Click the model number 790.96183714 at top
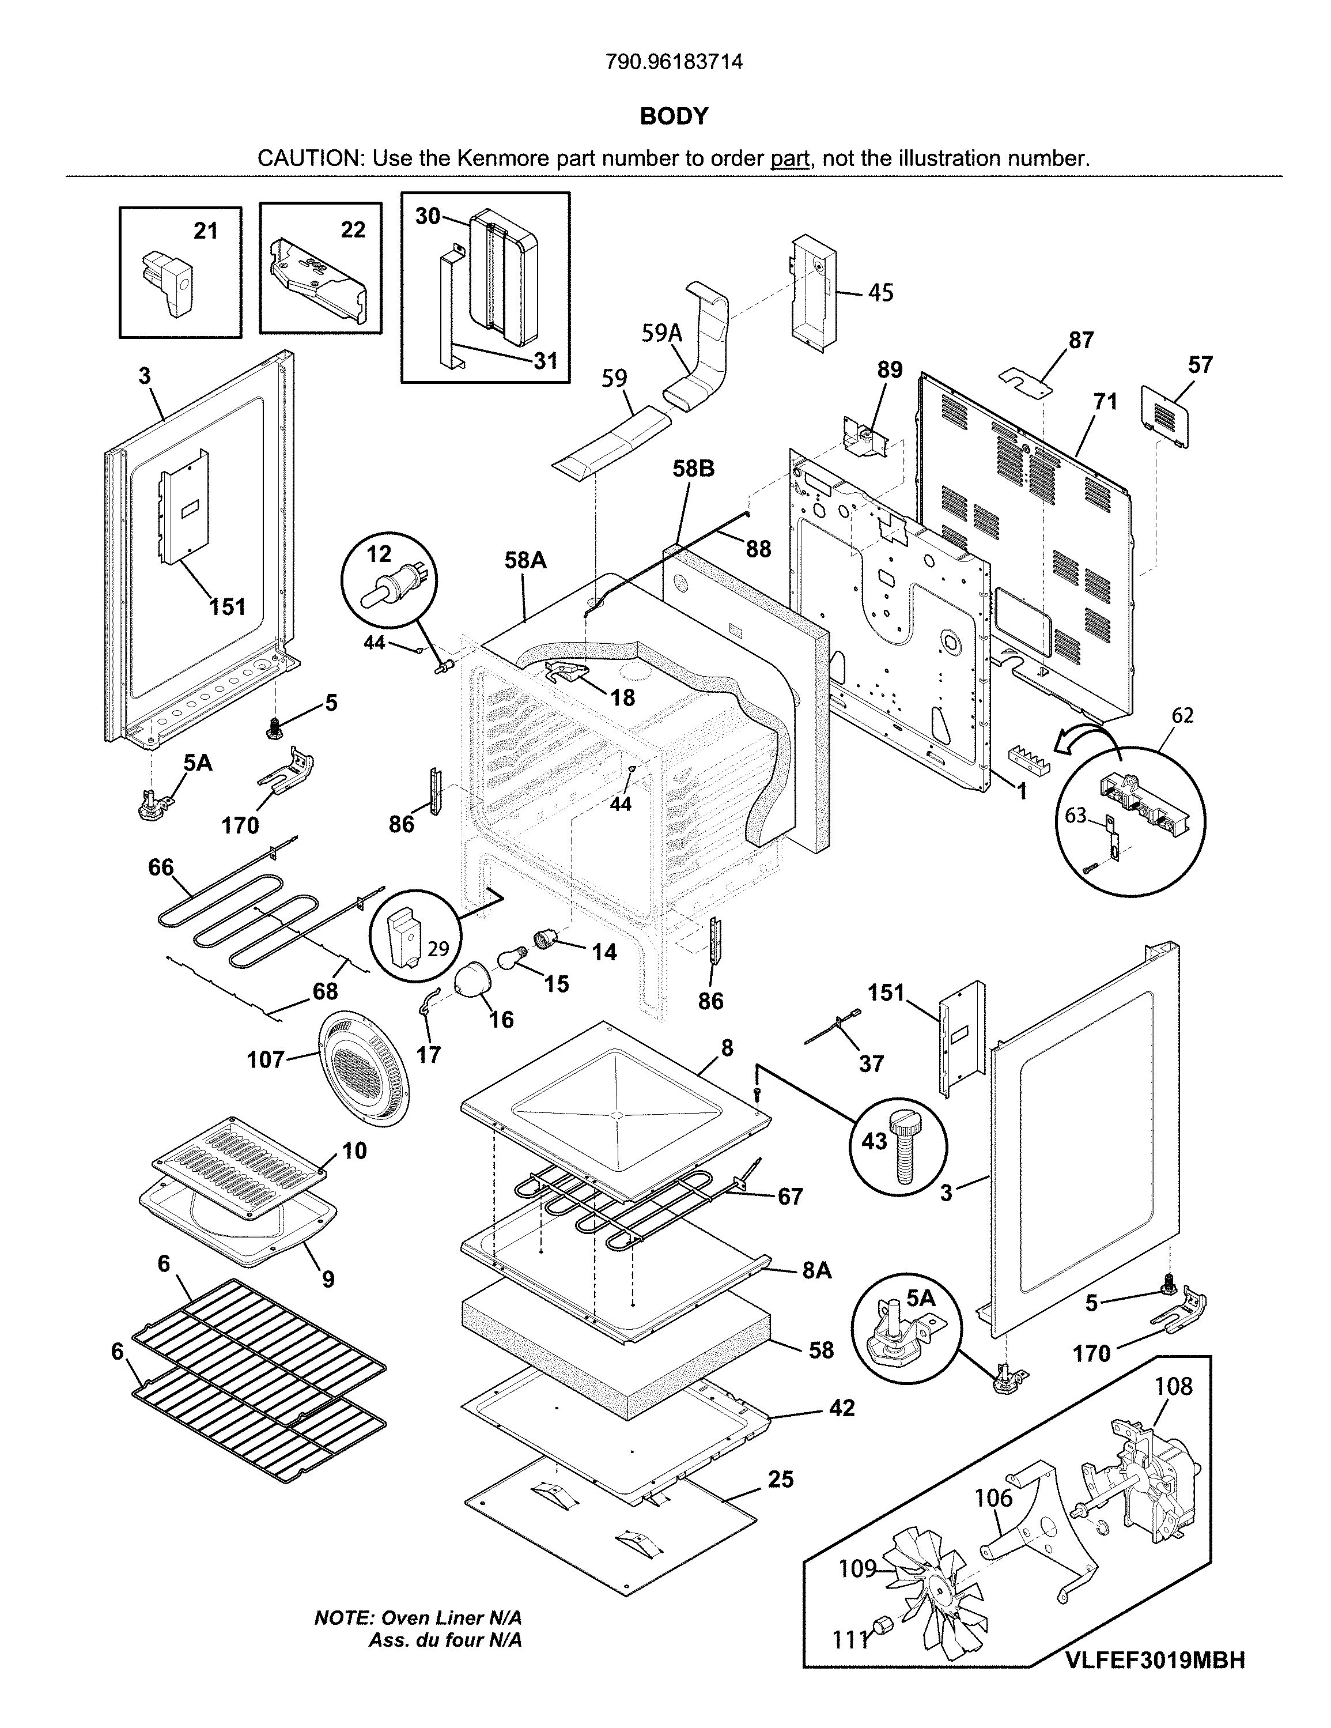tap(674, 62)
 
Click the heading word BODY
tap(674, 117)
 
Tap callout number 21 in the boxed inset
tap(206, 231)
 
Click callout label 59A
tap(662, 333)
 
